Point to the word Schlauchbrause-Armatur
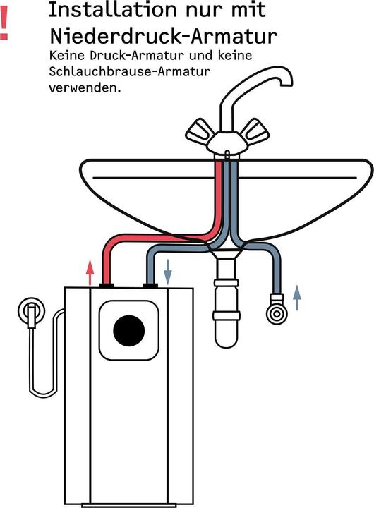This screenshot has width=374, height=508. [x=130, y=73]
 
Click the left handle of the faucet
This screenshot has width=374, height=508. [x=200, y=131]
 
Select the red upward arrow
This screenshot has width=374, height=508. [x=89, y=272]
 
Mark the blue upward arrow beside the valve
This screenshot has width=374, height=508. [x=297, y=297]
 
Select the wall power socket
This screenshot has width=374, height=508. [x=32, y=310]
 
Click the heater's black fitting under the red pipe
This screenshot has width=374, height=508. [x=108, y=285]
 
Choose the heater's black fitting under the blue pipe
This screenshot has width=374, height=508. [x=149, y=285]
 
